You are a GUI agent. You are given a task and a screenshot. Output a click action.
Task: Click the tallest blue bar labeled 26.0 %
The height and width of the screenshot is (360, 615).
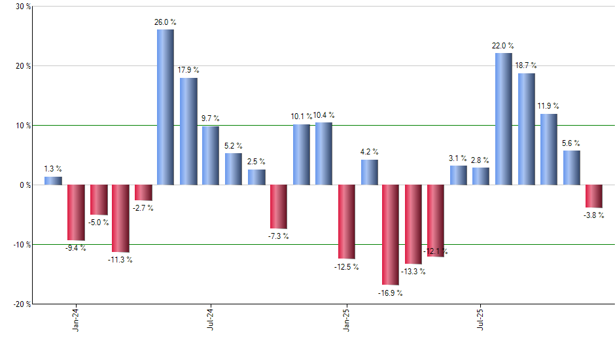pos(166,107)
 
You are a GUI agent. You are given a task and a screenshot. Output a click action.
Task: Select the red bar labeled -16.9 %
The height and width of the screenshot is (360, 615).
pos(391,235)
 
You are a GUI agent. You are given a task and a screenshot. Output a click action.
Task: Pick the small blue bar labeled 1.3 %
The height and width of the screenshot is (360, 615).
pos(53,181)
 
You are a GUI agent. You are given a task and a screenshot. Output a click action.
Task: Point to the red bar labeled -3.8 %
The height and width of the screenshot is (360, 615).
pos(593,196)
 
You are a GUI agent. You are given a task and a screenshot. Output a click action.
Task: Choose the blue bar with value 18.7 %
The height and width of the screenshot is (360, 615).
pos(527,129)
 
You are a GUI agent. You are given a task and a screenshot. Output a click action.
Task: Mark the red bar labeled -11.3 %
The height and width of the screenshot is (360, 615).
pos(120,219)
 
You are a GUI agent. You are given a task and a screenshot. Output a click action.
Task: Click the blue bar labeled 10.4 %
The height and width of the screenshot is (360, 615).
pos(323,154)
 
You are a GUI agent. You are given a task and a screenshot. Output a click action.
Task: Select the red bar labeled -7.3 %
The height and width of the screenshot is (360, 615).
pos(278,206)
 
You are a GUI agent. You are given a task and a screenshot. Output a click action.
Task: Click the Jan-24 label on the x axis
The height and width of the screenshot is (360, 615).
pos(76,319)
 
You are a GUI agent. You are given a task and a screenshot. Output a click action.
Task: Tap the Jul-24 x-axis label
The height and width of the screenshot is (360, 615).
pos(211,319)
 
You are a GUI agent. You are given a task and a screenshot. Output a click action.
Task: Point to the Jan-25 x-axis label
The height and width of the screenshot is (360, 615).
pos(346,319)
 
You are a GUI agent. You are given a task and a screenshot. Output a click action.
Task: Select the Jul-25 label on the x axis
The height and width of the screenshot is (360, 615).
pos(482,319)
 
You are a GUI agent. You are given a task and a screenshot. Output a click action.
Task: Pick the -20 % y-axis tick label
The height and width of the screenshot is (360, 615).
pos(21,304)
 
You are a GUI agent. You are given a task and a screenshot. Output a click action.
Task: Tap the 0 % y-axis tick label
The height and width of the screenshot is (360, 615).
pos(25,185)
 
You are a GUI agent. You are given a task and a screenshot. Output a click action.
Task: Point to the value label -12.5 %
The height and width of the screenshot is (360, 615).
pos(346,266)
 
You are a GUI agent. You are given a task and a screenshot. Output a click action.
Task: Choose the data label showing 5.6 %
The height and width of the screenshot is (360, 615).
pos(571,143)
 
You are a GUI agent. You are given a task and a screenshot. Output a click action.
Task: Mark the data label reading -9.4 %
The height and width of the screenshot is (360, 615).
pos(75,248)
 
